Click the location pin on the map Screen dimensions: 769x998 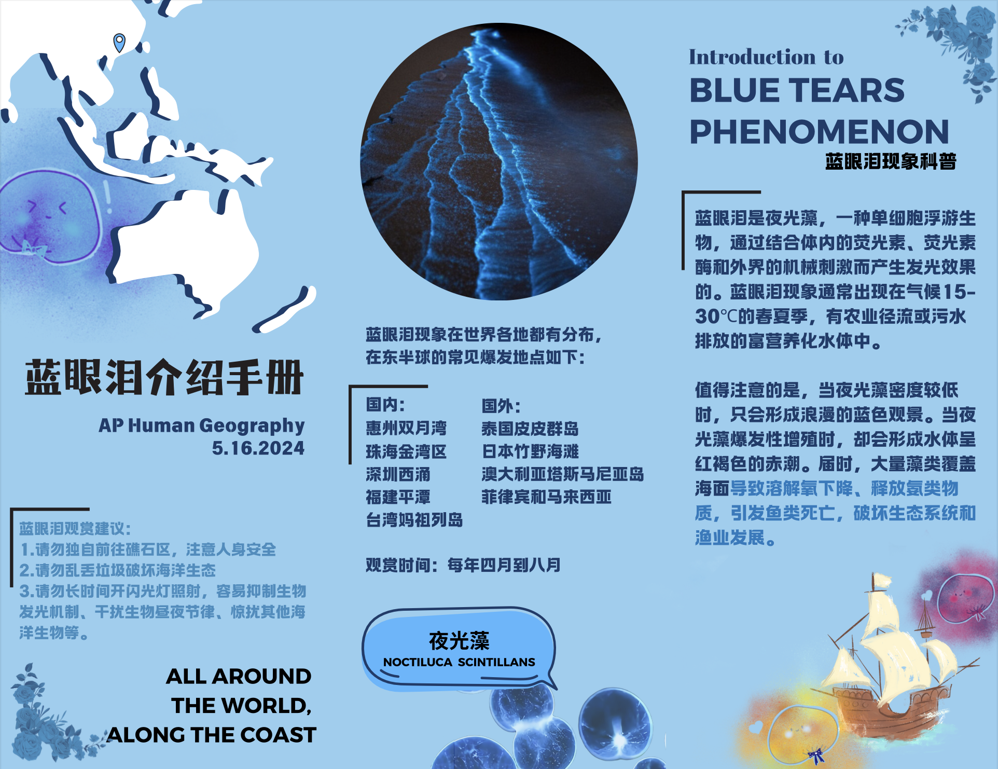pyautogui.click(x=119, y=42)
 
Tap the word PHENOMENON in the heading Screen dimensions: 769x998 pyautogui.click(x=819, y=132)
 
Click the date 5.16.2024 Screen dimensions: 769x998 pyautogui.click(x=258, y=448)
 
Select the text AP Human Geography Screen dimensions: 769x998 pyautogui.click(x=201, y=425)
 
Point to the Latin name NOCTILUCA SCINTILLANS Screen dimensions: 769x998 pyautogui.click(x=459, y=662)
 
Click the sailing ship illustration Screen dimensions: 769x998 pyautogui.click(x=892, y=664)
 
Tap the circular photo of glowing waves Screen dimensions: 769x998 pyautogui.click(x=498, y=161)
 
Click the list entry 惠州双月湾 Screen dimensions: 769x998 pyautogui.click(x=406, y=428)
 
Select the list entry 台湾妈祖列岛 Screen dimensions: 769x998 pyautogui.click(x=414, y=519)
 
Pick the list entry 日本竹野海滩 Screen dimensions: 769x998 pyautogui.click(x=530, y=451)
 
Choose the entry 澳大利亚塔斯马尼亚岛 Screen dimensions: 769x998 pyautogui.click(x=562, y=474)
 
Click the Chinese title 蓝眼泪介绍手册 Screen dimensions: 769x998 pyautogui.click(x=164, y=377)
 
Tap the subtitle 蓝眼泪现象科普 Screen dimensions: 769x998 pyautogui.click(x=891, y=161)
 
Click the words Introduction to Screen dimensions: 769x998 pyautogui.click(x=766, y=57)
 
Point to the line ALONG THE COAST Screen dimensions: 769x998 pyautogui.click(x=212, y=735)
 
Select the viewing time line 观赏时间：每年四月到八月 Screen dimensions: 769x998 pyautogui.click(x=463, y=565)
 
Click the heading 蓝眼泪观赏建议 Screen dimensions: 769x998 pyautogui.click(x=75, y=529)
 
